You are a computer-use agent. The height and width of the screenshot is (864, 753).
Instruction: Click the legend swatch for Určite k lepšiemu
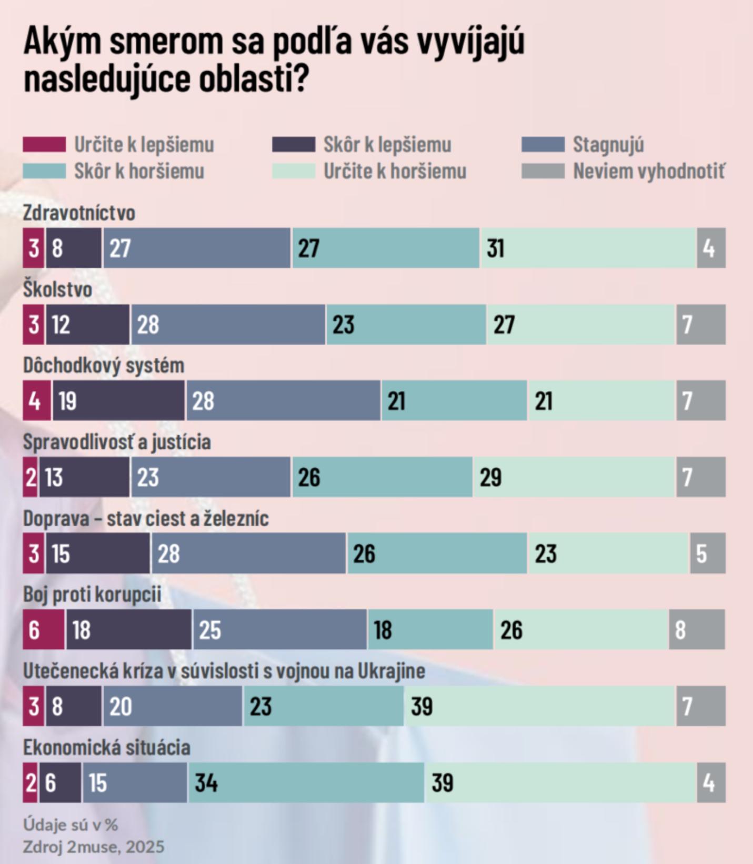pyautogui.click(x=44, y=144)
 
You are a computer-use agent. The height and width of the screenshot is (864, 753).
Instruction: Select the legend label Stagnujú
pyautogui.click(x=608, y=144)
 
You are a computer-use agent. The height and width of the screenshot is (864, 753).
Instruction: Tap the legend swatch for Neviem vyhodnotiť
pyautogui.click(x=543, y=171)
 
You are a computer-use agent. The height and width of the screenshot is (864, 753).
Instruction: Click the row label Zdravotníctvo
pyautogui.click(x=79, y=213)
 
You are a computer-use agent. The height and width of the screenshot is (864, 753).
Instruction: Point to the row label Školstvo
pyautogui.click(x=57, y=289)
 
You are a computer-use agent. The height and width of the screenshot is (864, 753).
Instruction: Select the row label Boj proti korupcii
pyautogui.click(x=92, y=595)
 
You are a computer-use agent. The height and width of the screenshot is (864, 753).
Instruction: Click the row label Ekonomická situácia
pyautogui.click(x=106, y=747)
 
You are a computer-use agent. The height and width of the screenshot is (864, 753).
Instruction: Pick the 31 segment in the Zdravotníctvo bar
pyautogui.click(x=588, y=248)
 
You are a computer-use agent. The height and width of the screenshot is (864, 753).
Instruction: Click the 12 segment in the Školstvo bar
pyautogui.click(x=87, y=324)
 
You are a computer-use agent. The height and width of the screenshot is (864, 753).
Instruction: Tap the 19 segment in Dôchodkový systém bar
pyautogui.click(x=118, y=401)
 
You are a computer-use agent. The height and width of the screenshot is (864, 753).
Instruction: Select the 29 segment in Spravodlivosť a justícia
pyautogui.click(x=574, y=477)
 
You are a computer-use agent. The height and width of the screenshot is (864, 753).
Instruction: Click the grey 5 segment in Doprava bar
pyautogui.click(x=708, y=554)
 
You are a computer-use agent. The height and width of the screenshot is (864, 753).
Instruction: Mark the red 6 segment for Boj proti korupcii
pyautogui.click(x=44, y=630)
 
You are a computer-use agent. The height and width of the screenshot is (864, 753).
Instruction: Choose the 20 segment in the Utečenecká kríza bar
pyautogui.click(x=172, y=706)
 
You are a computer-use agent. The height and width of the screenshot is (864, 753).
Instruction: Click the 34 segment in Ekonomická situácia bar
pyautogui.click(x=306, y=782)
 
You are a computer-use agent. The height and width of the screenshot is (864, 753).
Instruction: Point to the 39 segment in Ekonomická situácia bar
pyautogui.click(x=560, y=782)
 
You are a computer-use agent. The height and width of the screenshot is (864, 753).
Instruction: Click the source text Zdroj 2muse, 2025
pyautogui.click(x=93, y=847)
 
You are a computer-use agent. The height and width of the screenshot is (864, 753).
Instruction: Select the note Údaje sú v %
pyautogui.click(x=71, y=825)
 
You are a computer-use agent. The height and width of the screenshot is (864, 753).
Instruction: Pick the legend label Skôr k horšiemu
pyautogui.click(x=139, y=171)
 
